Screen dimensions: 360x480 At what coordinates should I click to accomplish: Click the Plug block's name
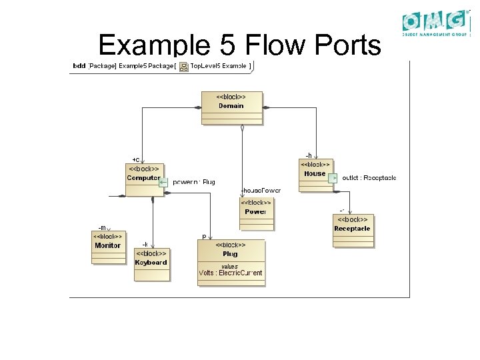click(x=230, y=254)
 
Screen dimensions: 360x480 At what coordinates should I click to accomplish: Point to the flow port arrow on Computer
click(x=163, y=181)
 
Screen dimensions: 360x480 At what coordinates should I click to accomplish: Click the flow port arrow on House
click(x=333, y=178)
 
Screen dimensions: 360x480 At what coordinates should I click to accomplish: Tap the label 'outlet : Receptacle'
click(x=369, y=178)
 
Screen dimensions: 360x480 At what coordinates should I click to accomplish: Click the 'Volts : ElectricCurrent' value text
click(x=231, y=273)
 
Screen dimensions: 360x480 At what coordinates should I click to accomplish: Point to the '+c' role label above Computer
click(x=136, y=159)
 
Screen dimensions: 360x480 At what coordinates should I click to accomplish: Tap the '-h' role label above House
click(x=308, y=155)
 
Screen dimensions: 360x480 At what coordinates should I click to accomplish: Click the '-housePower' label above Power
click(x=260, y=191)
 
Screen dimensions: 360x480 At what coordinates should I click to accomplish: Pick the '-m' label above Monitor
click(x=102, y=227)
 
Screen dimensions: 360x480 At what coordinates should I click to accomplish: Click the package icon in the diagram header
click(x=184, y=66)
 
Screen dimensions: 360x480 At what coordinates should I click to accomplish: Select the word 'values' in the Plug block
click(x=229, y=266)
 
